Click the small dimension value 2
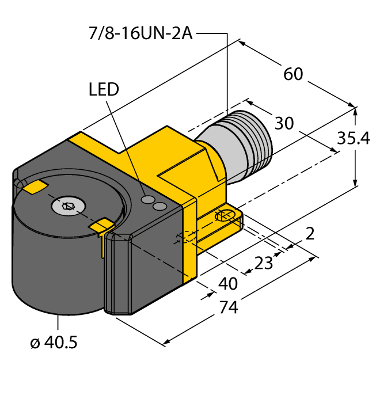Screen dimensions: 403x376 [x=310, y=233]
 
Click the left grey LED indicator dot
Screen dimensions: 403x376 [x=149, y=199]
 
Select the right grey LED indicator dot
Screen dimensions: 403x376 [x=161, y=206]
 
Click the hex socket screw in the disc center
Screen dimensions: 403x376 [x=67, y=205]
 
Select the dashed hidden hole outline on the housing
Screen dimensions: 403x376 [x=185, y=237]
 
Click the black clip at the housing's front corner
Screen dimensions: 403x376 [x=120, y=276]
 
